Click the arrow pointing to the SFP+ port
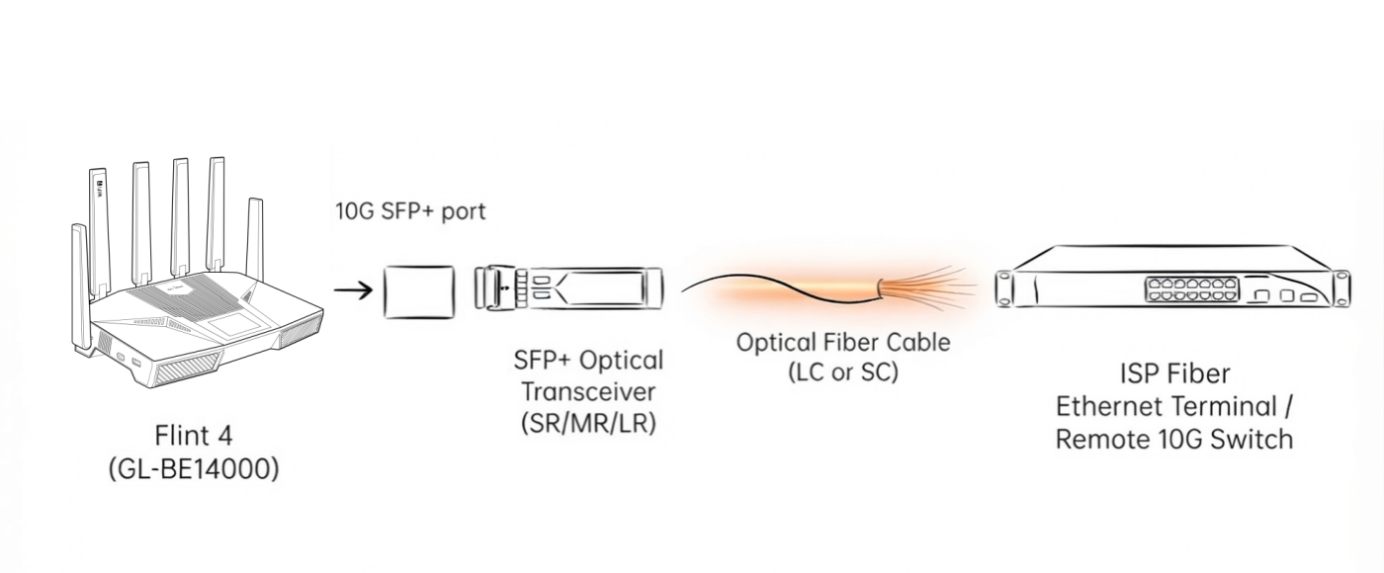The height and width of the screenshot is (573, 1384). pos(354,289)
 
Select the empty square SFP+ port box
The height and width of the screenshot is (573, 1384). pos(419,292)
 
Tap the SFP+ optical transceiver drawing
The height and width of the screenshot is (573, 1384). pos(569,287)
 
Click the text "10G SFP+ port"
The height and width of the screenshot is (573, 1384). pos(410,211)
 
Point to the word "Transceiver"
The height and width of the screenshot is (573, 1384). pos(588,391)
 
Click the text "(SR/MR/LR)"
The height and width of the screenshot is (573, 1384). pos(588,424)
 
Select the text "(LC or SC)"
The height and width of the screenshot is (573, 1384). pos(842,371)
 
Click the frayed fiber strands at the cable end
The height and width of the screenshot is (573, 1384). pos(926,287)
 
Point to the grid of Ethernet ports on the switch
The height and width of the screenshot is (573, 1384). pos(1192,289)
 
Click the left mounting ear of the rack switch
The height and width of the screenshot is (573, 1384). pos(1004,288)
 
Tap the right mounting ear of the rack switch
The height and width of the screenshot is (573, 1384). pos(1341,288)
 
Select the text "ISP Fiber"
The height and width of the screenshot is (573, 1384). pos(1174,373)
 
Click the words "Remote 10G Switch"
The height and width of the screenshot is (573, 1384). pos(1174,439)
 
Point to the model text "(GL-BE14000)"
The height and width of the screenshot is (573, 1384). pos(194,469)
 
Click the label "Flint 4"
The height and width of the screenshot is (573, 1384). pos(194,436)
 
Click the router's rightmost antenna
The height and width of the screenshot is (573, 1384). pos(255,239)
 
